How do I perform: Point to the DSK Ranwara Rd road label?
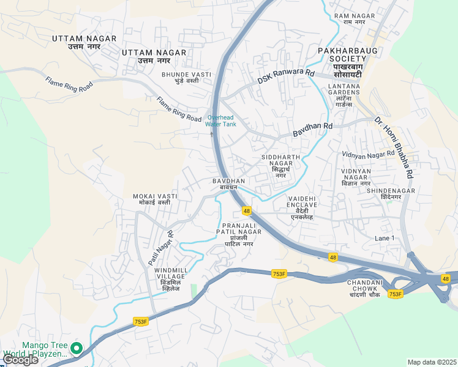point(285,76)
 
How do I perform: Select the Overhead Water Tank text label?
point(220,120)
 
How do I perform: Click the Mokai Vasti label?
point(156,199)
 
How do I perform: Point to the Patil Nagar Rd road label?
point(160,248)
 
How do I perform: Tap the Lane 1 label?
point(385,237)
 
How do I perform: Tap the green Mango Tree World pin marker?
point(77,348)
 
